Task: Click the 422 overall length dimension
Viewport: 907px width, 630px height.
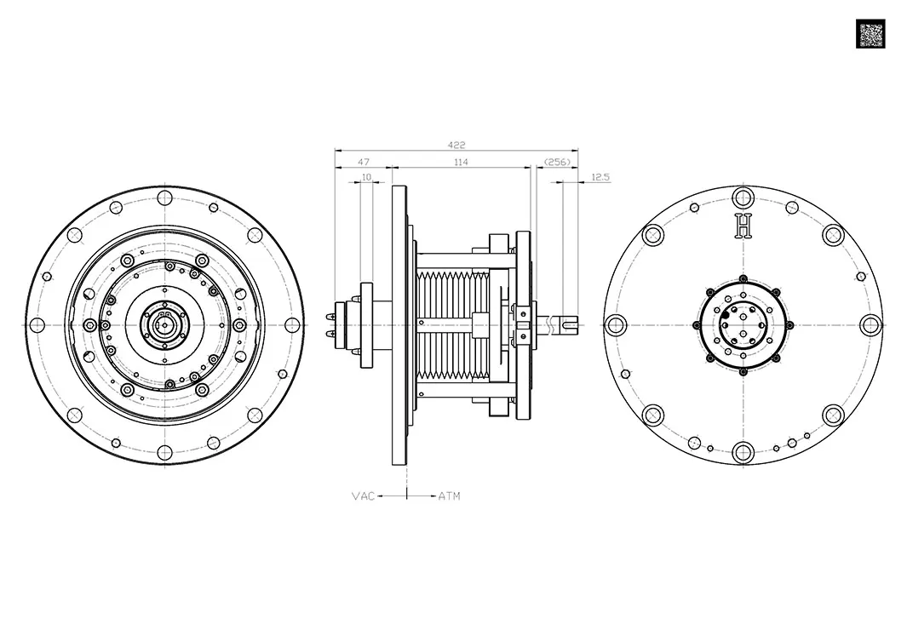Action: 456,145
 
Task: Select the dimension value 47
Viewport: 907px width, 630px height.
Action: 364,161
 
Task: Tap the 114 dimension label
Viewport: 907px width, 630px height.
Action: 461,161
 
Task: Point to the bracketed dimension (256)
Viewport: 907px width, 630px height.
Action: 557,161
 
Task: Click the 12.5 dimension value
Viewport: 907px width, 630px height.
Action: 600,177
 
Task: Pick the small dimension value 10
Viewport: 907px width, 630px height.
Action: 367,177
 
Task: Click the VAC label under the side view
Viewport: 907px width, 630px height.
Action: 363,495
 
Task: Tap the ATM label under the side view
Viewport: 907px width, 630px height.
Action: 449,495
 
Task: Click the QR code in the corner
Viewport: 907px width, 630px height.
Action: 870,34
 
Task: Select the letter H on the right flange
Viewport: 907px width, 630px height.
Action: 744,226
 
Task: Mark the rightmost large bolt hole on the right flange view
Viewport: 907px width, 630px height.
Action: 870,325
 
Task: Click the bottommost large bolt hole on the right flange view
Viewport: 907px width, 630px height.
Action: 744,452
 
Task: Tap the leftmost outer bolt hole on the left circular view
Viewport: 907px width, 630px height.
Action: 37,325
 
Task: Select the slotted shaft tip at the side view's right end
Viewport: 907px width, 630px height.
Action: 572,324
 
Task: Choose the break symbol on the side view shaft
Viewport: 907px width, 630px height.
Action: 554,324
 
